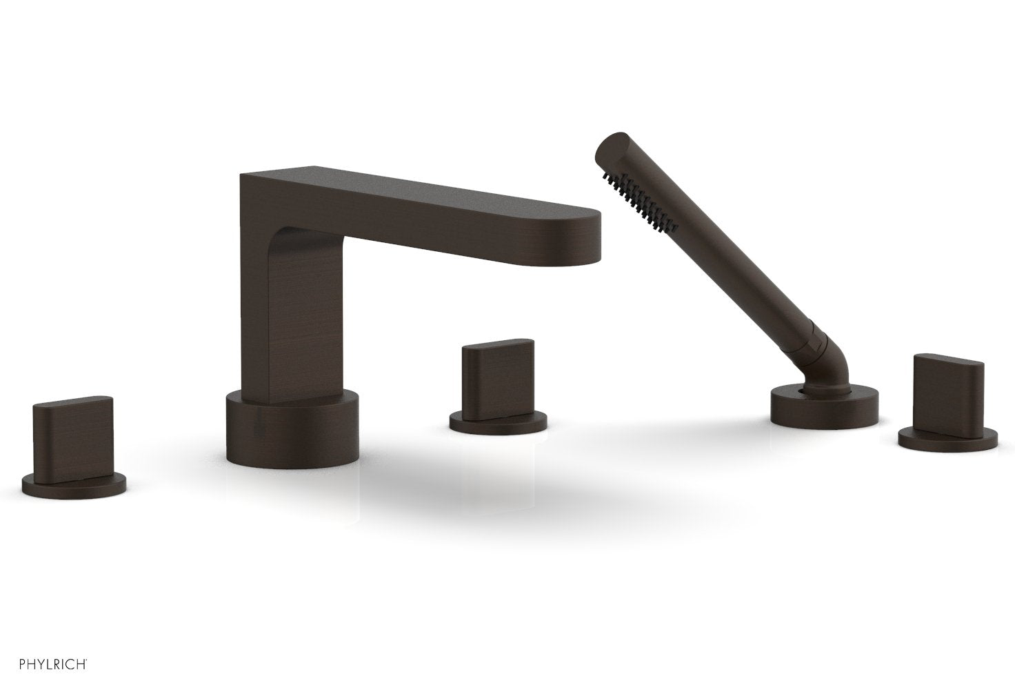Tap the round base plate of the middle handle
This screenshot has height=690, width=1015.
pyautogui.click(x=498, y=422)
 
